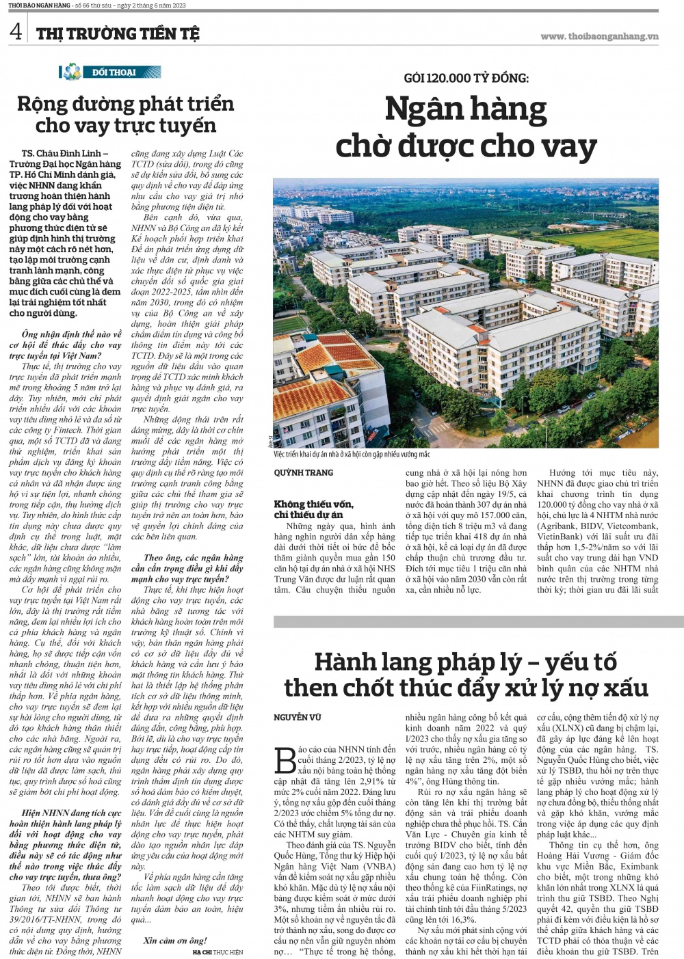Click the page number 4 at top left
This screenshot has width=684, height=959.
pos(15,32)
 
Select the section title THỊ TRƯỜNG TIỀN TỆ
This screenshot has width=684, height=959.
pos(118,33)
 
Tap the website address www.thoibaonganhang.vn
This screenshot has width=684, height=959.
pos(599,36)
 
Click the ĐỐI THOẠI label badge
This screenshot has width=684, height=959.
pos(112,72)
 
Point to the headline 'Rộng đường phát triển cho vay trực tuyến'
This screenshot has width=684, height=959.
pos(125,115)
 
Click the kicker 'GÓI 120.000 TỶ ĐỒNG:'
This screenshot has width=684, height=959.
pos(466,78)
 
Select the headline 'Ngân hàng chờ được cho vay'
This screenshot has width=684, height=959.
pos(466,128)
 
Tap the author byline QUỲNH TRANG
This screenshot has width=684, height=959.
pos(304,472)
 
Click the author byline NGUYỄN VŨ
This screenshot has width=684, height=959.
pos(298,717)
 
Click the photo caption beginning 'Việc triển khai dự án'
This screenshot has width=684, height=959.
pos(352,455)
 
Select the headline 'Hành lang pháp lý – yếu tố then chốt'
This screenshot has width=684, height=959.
pos(466,675)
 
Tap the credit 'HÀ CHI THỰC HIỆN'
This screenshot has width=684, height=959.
pos(218,951)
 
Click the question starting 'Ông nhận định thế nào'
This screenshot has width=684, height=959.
pos(66,345)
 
